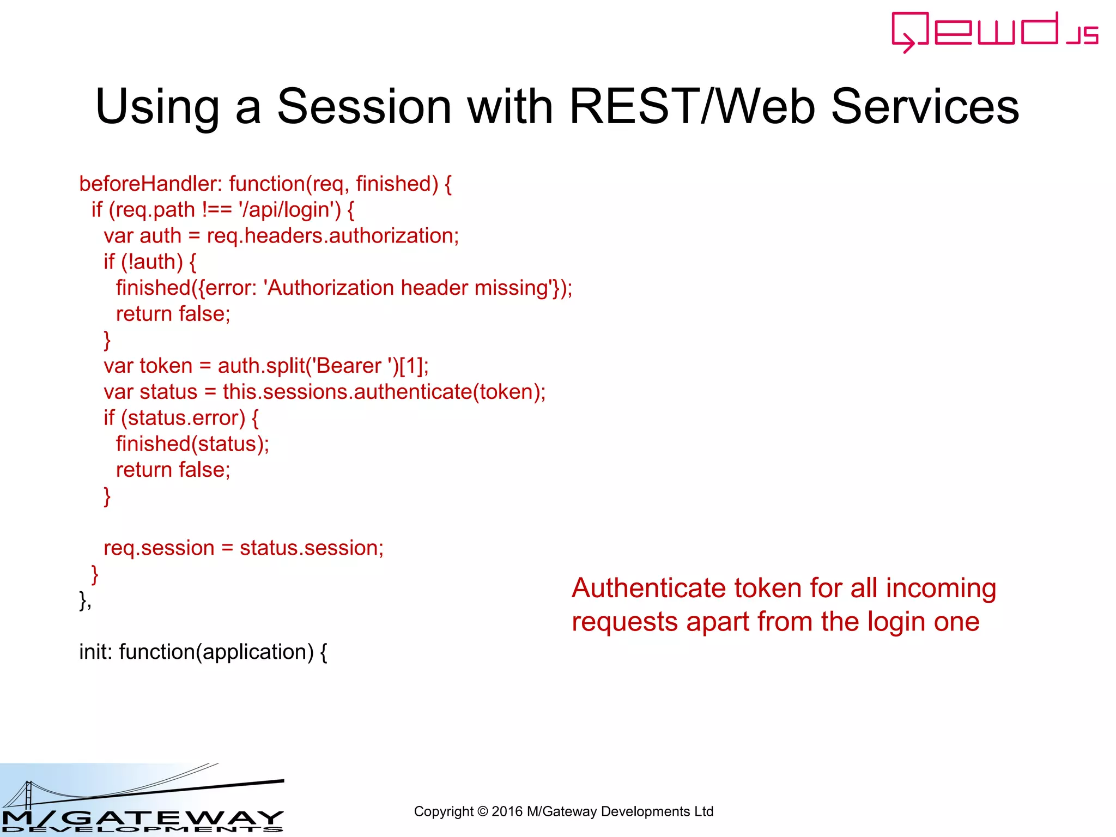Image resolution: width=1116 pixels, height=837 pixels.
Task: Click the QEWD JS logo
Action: (x=994, y=32)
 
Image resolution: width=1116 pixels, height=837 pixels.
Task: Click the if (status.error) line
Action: (x=180, y=418)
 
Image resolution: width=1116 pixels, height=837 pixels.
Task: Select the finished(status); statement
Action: (x=192, y=444)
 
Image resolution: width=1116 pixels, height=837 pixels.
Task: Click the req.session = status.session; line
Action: (x=243, y=548)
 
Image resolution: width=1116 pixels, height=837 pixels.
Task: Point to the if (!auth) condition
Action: (x=149, y=262)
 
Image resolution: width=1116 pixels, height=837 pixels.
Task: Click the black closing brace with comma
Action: (x=85, y=600)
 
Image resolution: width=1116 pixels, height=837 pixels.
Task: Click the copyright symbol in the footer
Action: (x=482, y=812)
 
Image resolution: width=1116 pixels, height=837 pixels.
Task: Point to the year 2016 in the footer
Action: (x=507, y=812)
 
